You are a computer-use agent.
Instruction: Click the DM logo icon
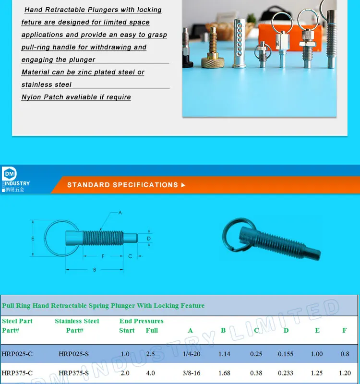coord(10,174)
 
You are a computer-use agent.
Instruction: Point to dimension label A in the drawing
coord(120,212)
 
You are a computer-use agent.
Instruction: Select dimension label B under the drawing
coord(95,270)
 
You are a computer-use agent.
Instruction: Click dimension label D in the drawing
coord(149,238)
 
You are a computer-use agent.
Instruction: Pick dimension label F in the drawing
coord(103,256)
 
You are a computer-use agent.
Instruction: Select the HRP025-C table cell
coord(17,354)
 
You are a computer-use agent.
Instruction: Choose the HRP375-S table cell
coord(73,373)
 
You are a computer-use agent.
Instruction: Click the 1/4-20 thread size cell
coord(192,354)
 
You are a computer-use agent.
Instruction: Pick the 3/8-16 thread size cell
coord(192,373)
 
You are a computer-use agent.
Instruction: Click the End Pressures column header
coord(142,321)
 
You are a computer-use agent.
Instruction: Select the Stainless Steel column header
coord(77,321)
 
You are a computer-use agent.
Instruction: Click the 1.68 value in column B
coord(224,373)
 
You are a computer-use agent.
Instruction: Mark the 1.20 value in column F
coord(345,373)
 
